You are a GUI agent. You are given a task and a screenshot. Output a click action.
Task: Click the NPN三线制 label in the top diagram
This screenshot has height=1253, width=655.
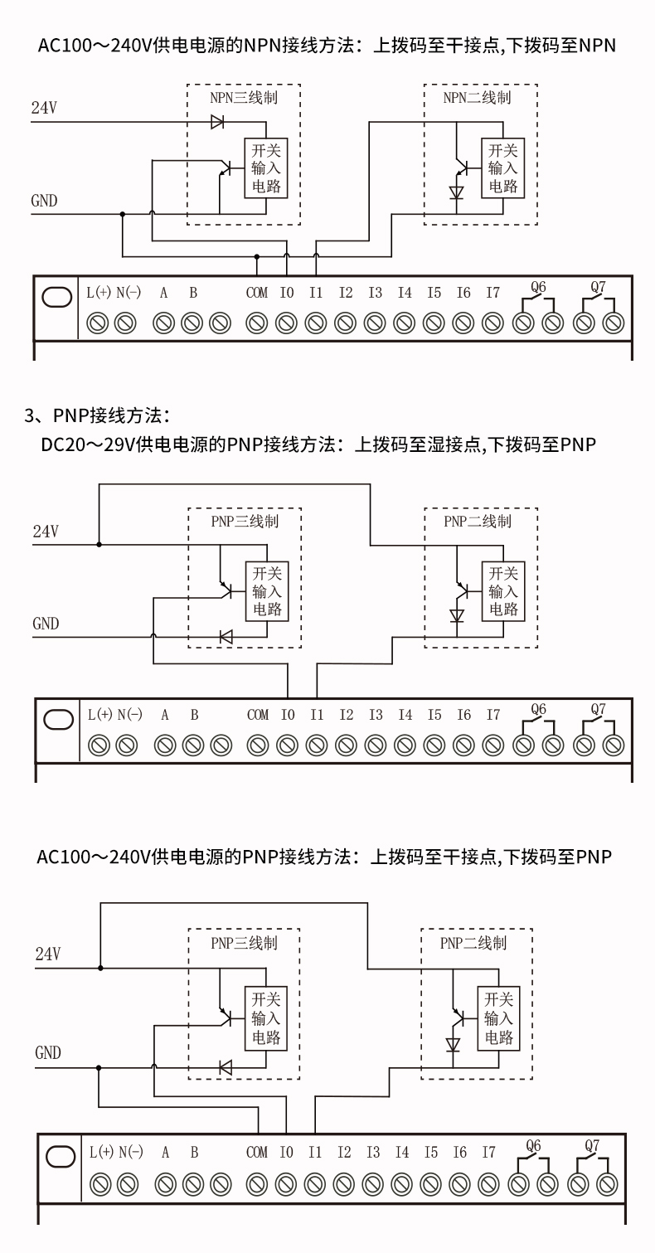[243, 98]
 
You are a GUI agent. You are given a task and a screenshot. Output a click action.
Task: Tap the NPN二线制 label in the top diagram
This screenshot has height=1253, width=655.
[477, 98]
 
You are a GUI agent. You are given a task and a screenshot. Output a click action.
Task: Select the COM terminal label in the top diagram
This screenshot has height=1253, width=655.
[257, 293]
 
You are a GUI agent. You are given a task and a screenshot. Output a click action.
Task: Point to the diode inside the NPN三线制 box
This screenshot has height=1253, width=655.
[219, 122]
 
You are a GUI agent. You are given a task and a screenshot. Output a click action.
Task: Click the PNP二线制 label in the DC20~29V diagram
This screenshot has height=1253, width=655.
[478, 522]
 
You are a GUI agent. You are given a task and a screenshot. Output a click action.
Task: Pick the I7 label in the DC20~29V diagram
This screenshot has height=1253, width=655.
[493, 715]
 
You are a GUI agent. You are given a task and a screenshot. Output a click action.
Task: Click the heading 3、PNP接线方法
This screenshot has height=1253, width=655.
[97, 414]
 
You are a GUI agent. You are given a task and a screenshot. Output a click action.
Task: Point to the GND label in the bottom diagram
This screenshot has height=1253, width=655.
[48, 1053]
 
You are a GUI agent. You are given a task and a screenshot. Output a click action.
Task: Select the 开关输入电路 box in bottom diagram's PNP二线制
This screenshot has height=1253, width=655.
[498, 1018]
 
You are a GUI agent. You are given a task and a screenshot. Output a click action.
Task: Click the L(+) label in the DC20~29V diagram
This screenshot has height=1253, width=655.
[99, 715]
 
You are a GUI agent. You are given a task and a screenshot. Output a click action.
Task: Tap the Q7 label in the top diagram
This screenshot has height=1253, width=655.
[598, 288]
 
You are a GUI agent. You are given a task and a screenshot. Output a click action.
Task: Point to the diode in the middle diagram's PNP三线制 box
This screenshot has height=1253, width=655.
[226, 636]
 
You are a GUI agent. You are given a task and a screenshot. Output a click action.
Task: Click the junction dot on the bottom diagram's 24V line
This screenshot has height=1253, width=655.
[100, 968]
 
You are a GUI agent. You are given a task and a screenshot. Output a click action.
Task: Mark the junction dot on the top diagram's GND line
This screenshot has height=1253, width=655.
[123, 214]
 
